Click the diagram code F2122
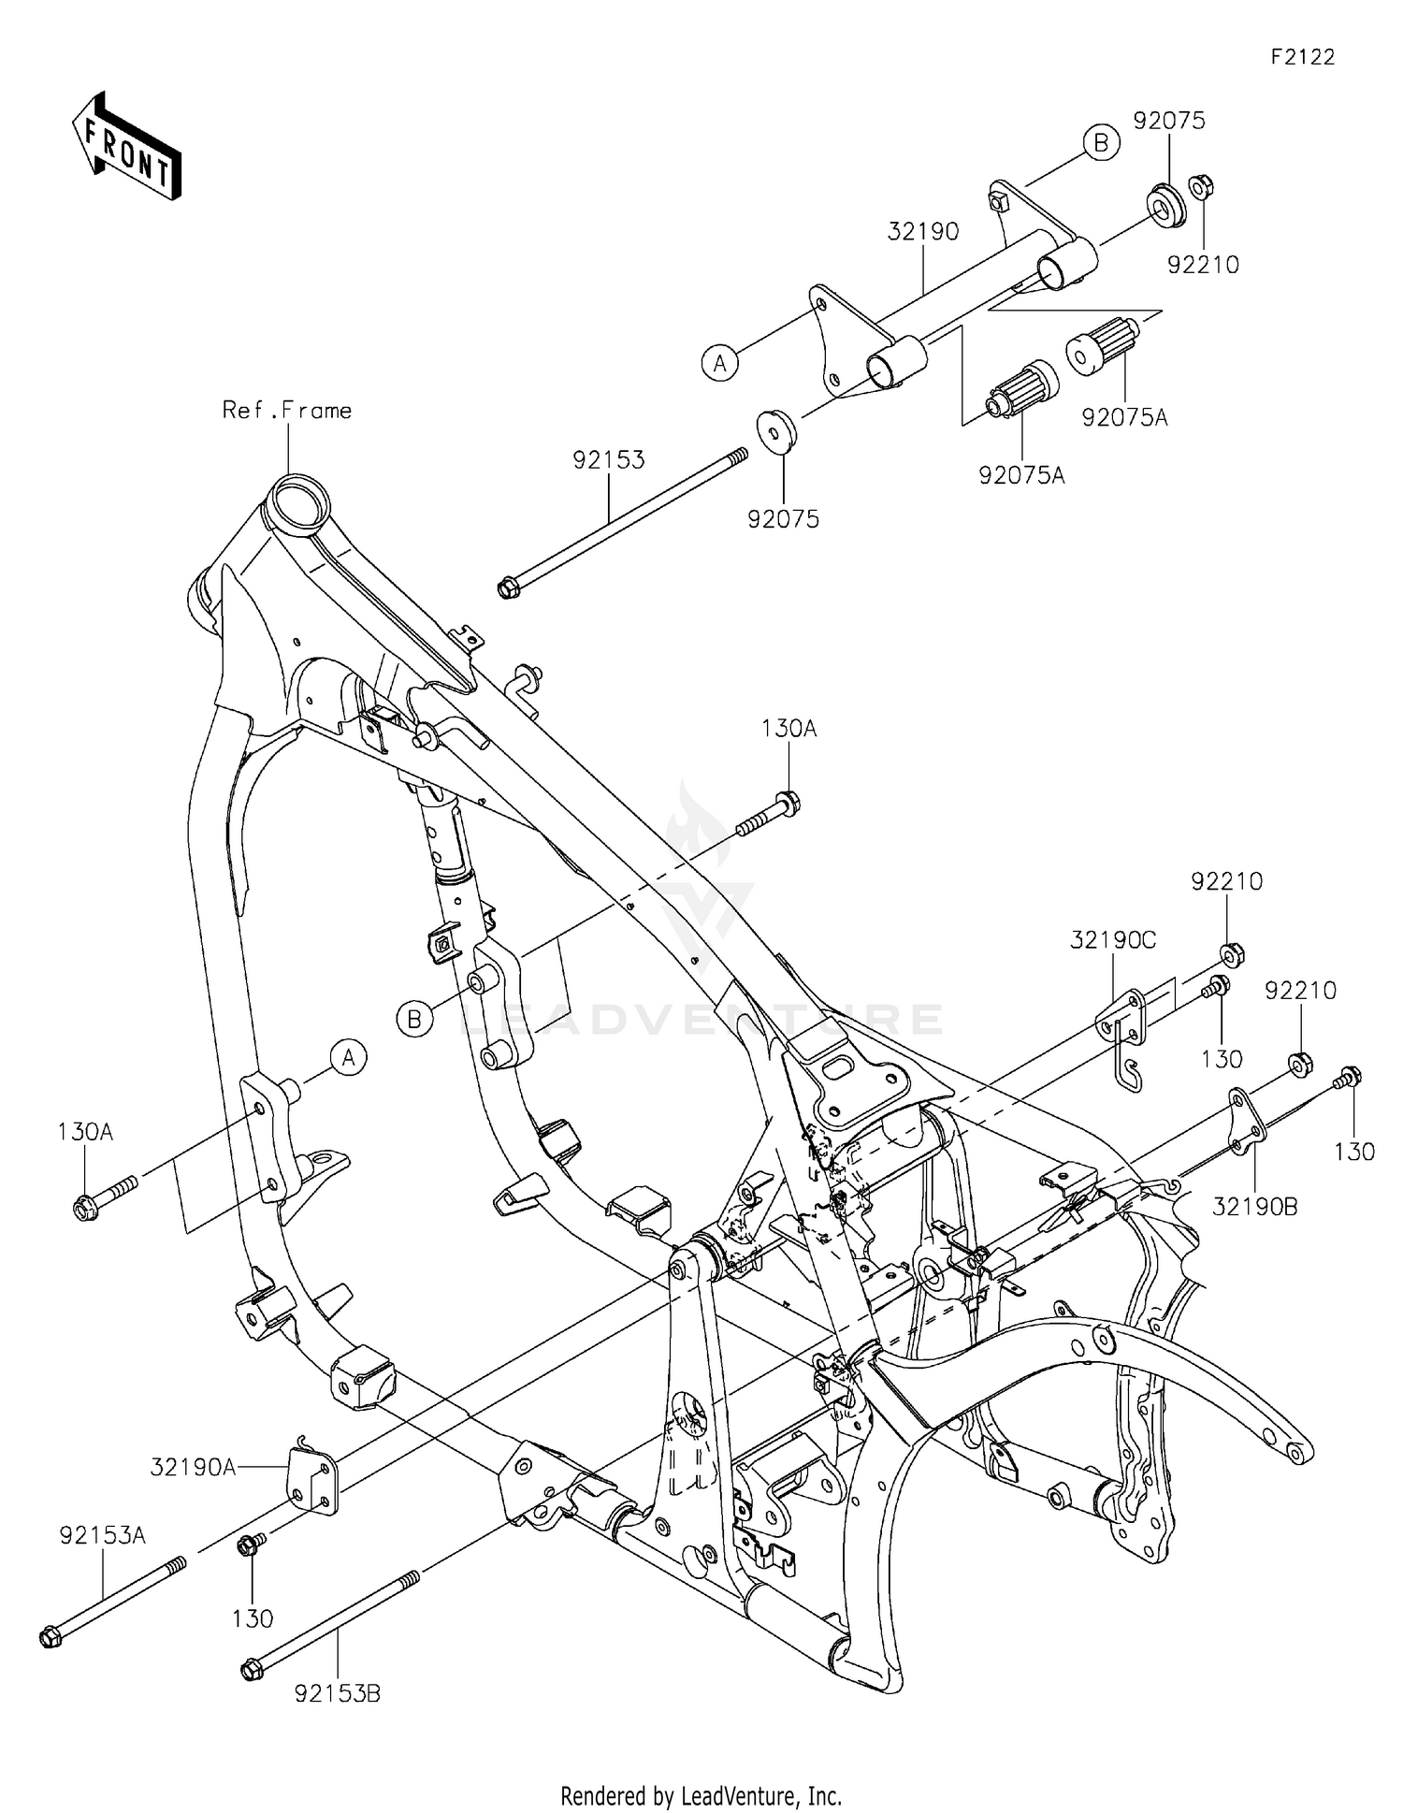pos(1302,57)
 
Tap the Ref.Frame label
pos(287,411)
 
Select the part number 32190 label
pos(923,232)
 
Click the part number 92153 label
pos(609,460)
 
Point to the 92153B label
pos(337,1694)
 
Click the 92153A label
pos(102,1535)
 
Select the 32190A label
pos(194,1468)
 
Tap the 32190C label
pos(1113,940)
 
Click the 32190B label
pos(1254,1207)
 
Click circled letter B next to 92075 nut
pos(1101,143)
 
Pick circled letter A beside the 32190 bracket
pos(719,363)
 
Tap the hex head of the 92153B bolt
pos(251,1670)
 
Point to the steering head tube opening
pos(299,497)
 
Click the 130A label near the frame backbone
pos(788,728)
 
